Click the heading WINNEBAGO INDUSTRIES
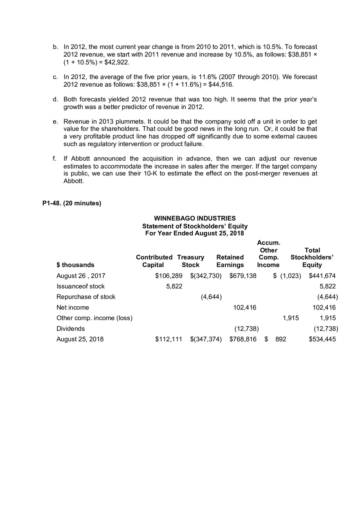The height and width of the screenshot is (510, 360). coord(195,218)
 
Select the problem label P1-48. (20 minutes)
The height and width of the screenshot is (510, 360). coord(72,203)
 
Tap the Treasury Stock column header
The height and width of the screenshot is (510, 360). coord(191,261)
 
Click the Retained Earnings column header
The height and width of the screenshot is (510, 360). coord(230,261)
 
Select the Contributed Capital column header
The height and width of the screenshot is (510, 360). coord(154,261)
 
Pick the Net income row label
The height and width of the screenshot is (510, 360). coord(72,308)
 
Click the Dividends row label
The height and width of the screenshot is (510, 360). coord(70,329)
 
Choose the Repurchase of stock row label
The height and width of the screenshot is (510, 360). coord(86,297)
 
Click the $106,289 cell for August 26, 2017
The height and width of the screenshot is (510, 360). coord(169,276)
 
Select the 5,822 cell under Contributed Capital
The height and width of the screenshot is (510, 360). coord(174,286)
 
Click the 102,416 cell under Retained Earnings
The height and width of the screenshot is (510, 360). coord(245,308)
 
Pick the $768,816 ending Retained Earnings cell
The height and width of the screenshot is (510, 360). coord(243,339)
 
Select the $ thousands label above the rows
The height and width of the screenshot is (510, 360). coord(75,265)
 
